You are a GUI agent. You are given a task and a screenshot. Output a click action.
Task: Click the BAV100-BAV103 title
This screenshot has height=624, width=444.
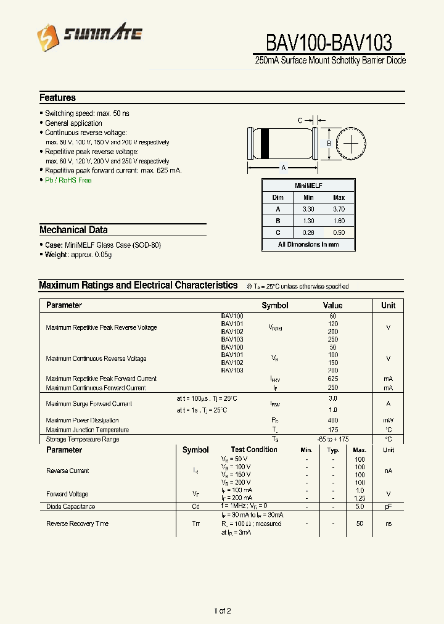329,43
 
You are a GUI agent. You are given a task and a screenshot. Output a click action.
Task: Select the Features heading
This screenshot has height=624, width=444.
57,97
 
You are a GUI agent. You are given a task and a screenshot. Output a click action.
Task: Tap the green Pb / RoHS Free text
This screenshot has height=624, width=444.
68,180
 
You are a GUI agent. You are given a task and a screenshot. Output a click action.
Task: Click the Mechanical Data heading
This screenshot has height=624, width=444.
73,230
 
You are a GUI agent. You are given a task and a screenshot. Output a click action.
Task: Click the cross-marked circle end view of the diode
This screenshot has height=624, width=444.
351,144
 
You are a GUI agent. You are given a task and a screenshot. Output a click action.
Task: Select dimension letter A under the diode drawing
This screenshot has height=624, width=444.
283,168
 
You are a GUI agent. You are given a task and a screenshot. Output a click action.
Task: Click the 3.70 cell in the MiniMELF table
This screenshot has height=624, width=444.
339,209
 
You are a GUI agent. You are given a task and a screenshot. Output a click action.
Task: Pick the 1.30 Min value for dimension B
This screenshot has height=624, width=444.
308,221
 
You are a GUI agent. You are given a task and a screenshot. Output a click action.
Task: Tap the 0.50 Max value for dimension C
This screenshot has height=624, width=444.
339,232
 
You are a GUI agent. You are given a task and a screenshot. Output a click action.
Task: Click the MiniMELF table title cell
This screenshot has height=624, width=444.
308,186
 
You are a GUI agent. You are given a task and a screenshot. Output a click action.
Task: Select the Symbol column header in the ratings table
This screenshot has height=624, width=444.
275,305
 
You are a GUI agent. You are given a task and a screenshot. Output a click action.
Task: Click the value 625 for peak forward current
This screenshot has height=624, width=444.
333,379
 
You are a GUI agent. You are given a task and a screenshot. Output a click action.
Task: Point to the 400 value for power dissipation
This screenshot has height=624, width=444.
333,421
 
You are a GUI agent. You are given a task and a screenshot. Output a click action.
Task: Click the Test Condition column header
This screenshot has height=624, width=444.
254,450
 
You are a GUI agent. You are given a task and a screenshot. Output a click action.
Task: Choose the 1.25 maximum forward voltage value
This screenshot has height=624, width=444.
360,498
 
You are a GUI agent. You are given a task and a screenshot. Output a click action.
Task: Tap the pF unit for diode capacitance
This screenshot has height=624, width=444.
388,506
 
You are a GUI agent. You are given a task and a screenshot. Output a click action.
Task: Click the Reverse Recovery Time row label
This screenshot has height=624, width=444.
77,523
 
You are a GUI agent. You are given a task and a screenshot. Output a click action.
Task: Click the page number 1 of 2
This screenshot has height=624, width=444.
222,611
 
